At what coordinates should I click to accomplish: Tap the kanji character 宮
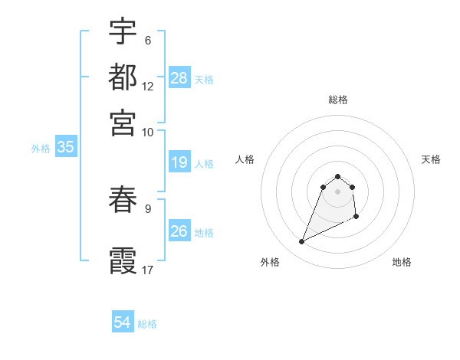point(123,123)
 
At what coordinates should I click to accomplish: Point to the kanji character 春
point(123,199)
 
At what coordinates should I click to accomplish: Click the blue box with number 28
point(179,78)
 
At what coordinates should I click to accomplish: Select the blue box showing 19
point(179,162)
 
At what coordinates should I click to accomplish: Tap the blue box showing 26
point(179,231)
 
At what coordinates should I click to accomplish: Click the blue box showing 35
point(65,148)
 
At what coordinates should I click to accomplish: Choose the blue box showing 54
point(123,322)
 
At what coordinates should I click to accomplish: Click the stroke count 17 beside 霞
point(148,270)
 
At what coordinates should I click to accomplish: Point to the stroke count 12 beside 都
point(148,86)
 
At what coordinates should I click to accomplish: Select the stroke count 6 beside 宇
point(148,40)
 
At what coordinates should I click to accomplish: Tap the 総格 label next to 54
point(147,324)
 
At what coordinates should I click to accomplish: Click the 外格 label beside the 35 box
point(41,149)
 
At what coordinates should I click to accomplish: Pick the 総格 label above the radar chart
point(338,100)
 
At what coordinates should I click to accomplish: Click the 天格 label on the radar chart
point(431,159)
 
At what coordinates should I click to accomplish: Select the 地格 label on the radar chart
point(402,262)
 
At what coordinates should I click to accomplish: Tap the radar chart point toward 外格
point(302,242)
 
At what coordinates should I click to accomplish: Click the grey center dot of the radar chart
point(338,191)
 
